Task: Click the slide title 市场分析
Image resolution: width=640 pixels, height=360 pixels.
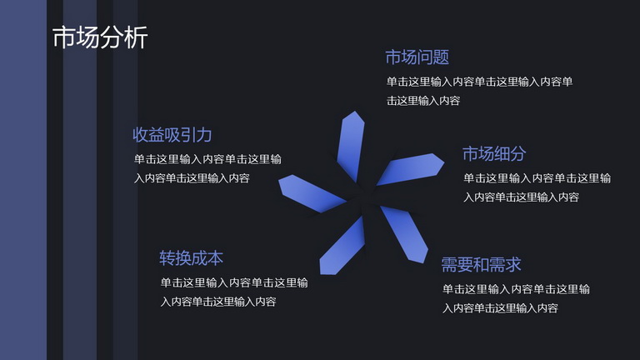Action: click(100, 37)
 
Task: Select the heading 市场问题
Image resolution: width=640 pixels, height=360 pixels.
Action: click(417, 57)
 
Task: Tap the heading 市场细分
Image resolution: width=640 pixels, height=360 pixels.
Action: click(494, 154)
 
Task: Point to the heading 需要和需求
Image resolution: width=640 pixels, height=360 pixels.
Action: click(481, 265)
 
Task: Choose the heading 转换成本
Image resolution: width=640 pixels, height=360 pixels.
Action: click(191, 258)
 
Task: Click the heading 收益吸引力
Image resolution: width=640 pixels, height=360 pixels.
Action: click(172, 135)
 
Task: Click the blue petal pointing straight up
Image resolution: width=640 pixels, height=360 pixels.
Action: click(351, 146)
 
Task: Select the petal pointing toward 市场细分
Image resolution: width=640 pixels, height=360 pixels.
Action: click(410, 169)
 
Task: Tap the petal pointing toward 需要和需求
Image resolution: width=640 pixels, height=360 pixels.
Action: click(405, 233)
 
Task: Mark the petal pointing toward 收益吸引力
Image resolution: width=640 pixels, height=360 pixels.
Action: click(312, 193)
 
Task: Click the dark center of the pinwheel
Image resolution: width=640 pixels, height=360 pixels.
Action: click(363, 194)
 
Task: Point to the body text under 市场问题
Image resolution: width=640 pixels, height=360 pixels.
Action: click(479, 91)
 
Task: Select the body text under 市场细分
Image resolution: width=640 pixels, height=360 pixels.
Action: click(537, 187)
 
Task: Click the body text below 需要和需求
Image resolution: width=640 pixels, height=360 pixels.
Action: click(516, 299)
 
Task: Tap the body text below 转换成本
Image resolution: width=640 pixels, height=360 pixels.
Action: click(234, 292)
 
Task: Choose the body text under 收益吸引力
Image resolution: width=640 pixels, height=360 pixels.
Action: click(207, 168)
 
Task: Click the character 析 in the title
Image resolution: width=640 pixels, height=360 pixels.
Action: click(137, 37)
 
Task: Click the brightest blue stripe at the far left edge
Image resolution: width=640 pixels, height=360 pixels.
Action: click(23, 180)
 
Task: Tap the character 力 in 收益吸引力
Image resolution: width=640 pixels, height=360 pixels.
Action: click(204, 135)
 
